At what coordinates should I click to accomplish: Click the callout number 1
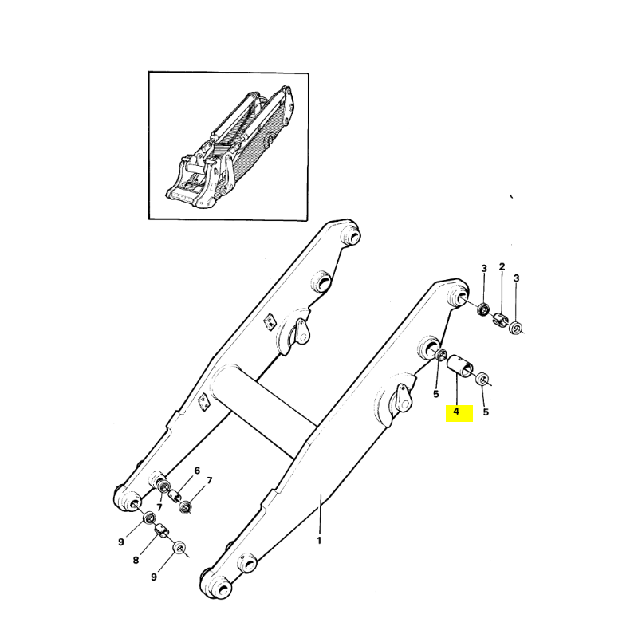pos(320,541)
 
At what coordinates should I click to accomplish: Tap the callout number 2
pos(502,267)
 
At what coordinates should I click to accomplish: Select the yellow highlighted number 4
pos(456,412)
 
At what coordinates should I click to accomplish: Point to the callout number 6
pos(197,471)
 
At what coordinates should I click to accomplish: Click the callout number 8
pos(136,561)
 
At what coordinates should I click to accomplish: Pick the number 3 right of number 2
pos(516,278)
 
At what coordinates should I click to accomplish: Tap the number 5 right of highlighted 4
pos(486,412)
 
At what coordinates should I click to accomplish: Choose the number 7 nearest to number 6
pos(210,481)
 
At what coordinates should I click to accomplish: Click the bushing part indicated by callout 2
pos(501,319)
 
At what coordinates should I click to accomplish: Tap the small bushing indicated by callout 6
pos(175,496)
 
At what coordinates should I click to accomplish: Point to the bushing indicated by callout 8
pos(161,531)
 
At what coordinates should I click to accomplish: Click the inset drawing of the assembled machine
pos(228,146)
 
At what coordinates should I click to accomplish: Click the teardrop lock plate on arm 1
pos(402,397)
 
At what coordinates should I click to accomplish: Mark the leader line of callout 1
pos(321,514)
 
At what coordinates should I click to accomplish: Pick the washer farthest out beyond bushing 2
pos(516,327)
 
